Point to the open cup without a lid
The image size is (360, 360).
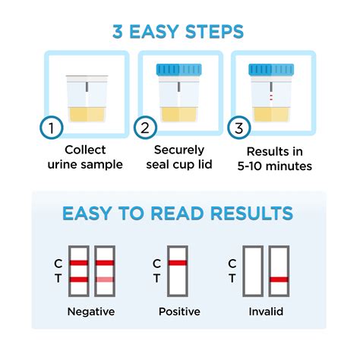[86, 96]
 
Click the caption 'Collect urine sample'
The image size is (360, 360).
[85, 156]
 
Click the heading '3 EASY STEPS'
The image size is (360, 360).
[179, 31]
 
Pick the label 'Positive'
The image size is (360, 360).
[179, 311]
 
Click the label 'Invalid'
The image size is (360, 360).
[265, 311]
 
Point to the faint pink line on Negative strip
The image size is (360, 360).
[105, 280]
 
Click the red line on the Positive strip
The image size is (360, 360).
[178, 264]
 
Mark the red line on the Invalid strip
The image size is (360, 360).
[278, 280]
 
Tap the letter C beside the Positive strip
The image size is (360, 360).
[156, 264]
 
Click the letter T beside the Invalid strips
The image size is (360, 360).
[232, 279]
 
